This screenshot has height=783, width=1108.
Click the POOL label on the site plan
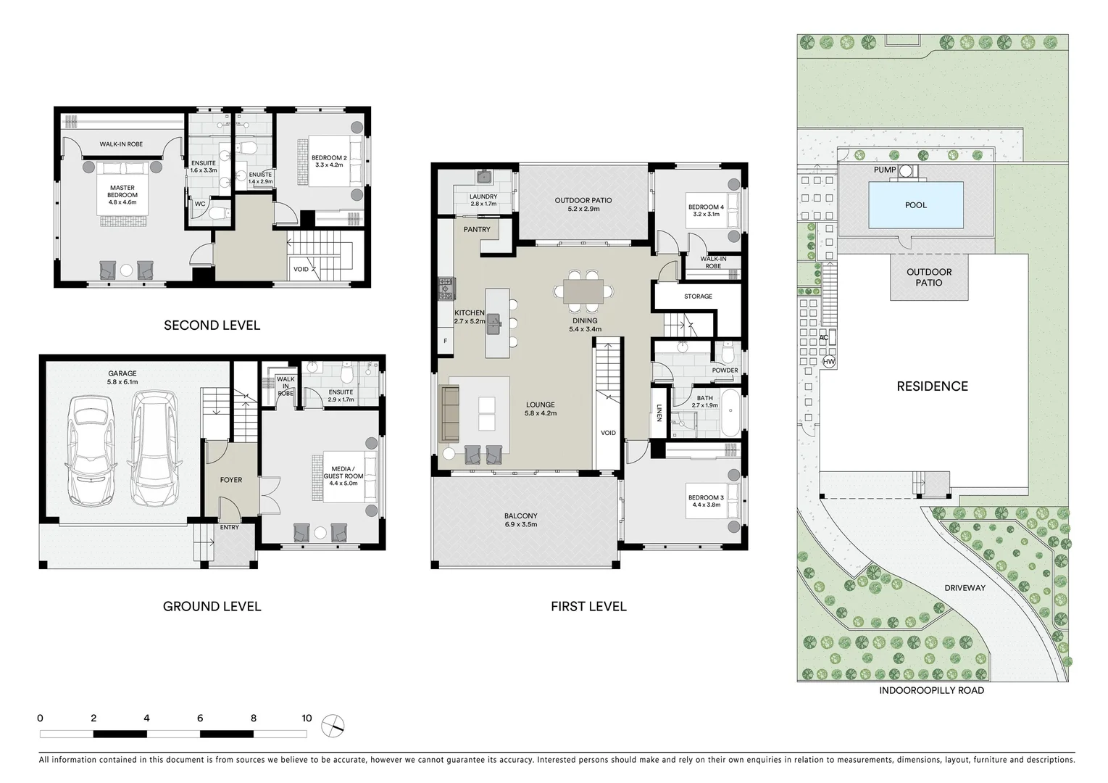(x=915, y=205)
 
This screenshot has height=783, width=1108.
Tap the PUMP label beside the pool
(x=884, y=170)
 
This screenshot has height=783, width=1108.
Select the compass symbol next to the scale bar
(x=333, y=726)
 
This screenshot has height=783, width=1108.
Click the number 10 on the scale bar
(x=307, y=718)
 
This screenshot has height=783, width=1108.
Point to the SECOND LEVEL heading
(x=212, y=326)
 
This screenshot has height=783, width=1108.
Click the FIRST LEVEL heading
(x=588, y=606)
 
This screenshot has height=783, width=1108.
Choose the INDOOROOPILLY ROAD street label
(x=931, y=690)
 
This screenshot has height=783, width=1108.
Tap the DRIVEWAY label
(x=965, y=588)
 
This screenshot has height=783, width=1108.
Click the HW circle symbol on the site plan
(x=829, y=362)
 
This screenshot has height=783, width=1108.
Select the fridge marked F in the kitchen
(x=445, y=341)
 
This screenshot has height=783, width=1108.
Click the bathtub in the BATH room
(x=730, y=413)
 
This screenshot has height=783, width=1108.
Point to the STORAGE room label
(x=698, y=297)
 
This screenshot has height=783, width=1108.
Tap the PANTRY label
(x=477, y=230)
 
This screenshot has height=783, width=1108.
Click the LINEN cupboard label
(x=659, y=413)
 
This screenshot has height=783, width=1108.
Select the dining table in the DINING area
(x=583, y=291)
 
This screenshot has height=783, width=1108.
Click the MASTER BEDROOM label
(x=122, y=191)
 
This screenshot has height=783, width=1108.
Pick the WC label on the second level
(x=200, y=204)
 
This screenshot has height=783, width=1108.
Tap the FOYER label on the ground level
(x=231, y=480)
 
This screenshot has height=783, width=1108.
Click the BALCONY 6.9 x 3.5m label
(x=521, y=520)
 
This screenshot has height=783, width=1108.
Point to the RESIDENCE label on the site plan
(x=932, y=386)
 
